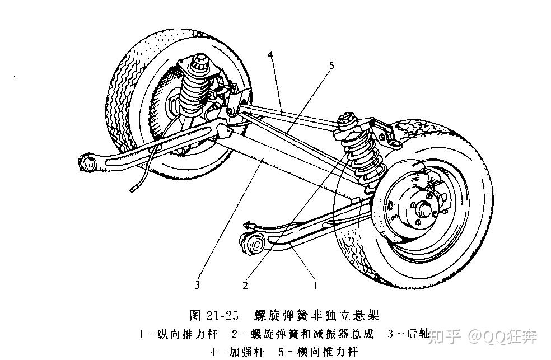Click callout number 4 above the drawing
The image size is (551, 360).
(270, 54)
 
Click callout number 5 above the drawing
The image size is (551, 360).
(331, 66)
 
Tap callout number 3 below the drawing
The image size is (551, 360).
(197, 285)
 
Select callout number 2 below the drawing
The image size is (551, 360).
(245, 286)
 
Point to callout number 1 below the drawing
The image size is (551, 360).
(315, 286)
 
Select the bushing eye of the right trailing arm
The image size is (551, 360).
(254, 244)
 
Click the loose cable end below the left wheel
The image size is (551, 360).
(132, 190)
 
